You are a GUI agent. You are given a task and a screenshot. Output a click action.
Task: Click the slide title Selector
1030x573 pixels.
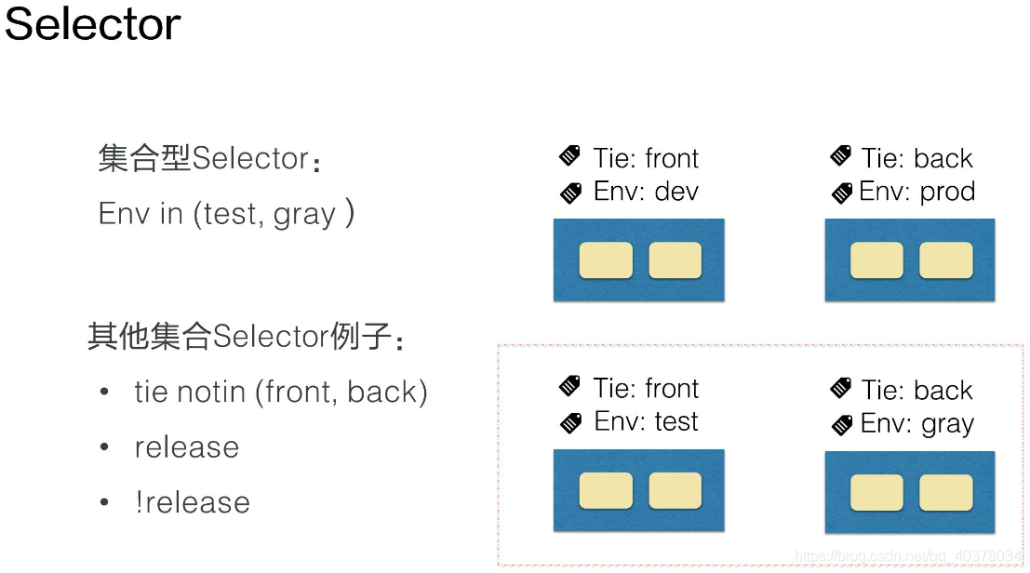93,24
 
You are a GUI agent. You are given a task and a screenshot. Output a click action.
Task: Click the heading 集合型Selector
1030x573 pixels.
209,159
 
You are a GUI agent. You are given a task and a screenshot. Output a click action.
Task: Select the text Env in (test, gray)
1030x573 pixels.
227,213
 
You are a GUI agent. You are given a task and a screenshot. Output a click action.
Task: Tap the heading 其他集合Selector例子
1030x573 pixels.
246,336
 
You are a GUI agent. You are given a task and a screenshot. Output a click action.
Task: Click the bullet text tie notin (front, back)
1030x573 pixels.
281,392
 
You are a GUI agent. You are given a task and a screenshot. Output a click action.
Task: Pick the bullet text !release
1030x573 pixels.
193,502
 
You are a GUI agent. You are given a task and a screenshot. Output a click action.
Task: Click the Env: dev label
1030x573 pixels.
646,192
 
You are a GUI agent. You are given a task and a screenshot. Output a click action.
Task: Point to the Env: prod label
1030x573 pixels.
917,192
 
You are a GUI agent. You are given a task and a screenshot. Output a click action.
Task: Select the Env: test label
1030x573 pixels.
646,421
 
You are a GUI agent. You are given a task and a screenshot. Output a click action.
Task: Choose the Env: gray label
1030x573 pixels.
917,424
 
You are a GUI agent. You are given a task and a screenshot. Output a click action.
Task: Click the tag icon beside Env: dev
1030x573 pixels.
571,193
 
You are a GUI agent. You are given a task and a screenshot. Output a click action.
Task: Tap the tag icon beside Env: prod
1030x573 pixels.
841,193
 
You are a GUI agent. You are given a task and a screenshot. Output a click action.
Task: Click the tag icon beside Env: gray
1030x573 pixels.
841,425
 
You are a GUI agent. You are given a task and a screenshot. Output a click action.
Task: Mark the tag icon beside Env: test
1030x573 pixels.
571,423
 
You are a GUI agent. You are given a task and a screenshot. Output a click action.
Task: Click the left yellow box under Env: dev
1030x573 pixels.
606,260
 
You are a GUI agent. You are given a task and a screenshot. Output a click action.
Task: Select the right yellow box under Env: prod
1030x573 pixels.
946,260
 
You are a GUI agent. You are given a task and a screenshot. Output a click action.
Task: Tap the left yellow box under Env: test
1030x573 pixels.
606,490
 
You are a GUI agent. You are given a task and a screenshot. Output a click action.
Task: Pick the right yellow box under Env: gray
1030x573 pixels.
946,492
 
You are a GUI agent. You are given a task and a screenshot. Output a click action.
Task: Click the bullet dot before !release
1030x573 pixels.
104,502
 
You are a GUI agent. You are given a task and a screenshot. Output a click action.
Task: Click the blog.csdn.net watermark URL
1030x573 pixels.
908,556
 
